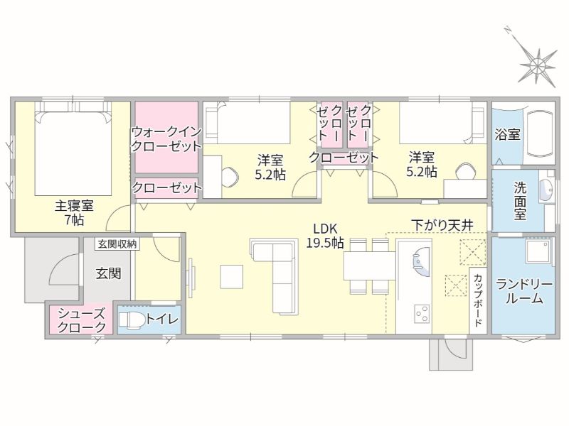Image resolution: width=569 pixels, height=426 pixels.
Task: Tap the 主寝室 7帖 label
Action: click(x=75, y=212)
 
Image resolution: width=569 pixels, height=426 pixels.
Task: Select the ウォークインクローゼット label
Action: click(x=166, y=138)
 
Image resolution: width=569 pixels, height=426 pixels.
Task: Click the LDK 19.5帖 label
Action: click(x=325, y=236)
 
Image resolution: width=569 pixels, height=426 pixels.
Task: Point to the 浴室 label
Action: click(x=507, y=134)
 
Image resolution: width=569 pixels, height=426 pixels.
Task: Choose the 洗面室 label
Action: click(x=520, y=200)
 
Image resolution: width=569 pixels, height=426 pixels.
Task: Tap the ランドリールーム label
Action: click(x=524, y=292)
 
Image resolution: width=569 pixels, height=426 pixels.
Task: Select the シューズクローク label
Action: click(x=82, y=320)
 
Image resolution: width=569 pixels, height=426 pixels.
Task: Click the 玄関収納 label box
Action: click(x=117, y=244)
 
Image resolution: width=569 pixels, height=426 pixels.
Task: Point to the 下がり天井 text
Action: click(x=442, y=225)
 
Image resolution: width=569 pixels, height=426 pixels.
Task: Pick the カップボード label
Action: click(x=478, y=300)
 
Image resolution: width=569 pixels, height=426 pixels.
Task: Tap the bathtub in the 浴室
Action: click(x=540, y=133)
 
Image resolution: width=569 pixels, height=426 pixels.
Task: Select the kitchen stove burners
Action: click(x=422, y=314)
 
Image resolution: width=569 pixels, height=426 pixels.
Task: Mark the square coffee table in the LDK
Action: click(x=232, y=277)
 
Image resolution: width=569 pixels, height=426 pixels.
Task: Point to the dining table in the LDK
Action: click(x=369, y=266)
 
